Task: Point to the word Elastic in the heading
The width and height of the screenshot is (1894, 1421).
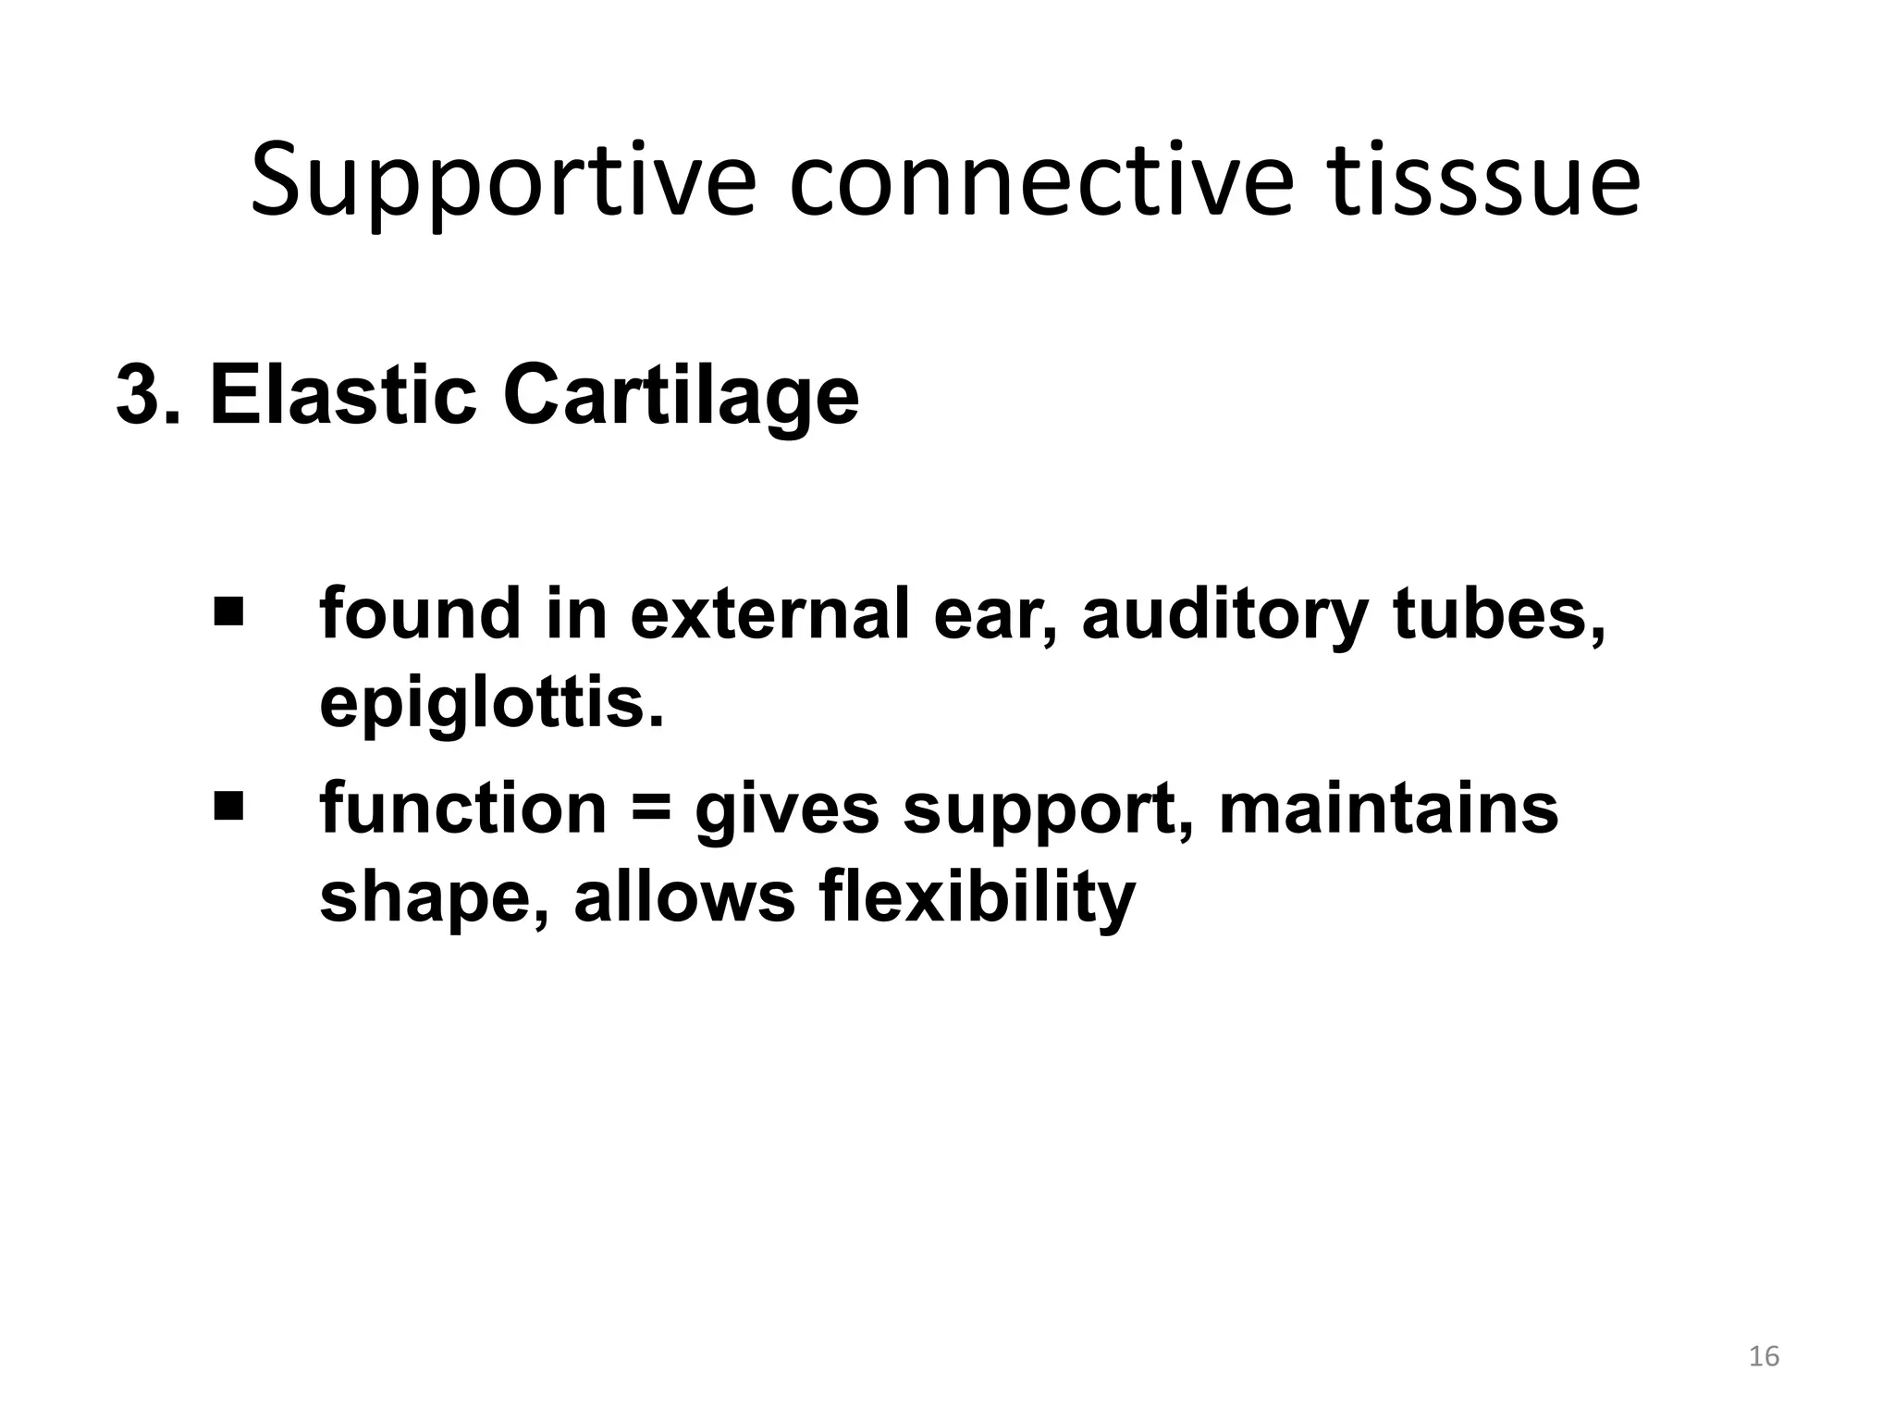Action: click(343, 396)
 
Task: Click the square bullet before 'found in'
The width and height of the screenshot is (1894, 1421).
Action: click(228, 611)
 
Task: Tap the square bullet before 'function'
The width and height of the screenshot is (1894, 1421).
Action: click(228, 805)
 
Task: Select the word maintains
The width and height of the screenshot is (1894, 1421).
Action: click(1388, 808)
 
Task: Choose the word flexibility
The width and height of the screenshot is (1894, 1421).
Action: click(978, 897)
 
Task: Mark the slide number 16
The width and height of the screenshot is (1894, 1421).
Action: click(1764, 1356)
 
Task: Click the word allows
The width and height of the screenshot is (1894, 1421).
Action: click(684, 897)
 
